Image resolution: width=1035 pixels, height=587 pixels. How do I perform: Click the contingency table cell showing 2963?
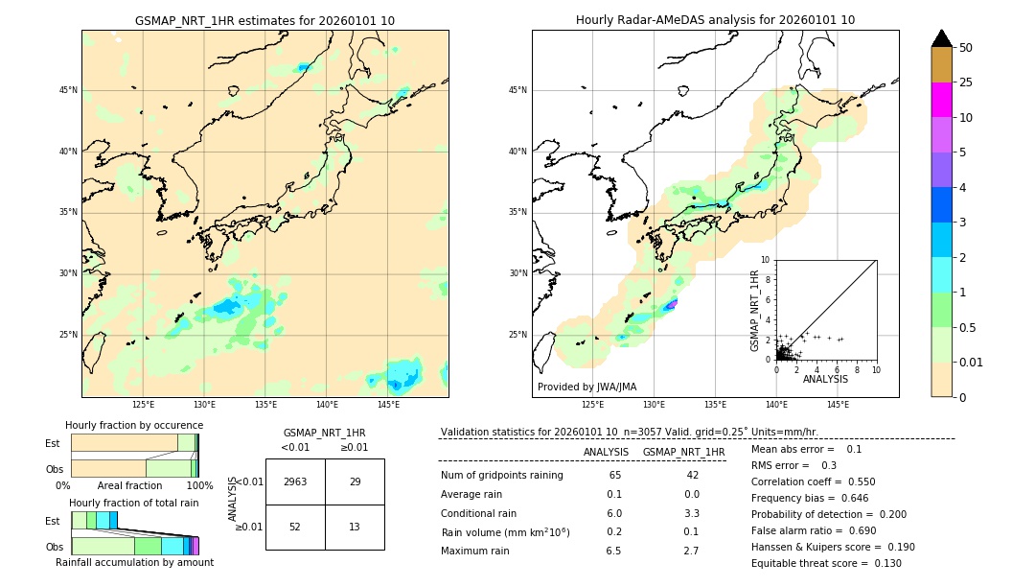[295, 481]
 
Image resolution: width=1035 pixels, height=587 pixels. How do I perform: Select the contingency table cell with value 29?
[355, 481]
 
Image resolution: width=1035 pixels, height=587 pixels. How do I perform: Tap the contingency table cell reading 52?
[295, 527]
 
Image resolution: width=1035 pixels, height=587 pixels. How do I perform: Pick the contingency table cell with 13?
[355, 527]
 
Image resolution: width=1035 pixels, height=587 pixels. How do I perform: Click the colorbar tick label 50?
[966, 47]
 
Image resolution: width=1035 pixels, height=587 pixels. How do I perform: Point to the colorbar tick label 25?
[966, 82]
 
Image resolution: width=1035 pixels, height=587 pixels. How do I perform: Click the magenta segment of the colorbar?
[942, 100]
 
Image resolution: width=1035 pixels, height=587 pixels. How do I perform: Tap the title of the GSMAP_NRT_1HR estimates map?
[264, 20]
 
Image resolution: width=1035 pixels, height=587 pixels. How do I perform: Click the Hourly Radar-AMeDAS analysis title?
[715, 20]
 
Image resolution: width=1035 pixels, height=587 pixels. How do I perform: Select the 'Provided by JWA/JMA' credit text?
[586, 387]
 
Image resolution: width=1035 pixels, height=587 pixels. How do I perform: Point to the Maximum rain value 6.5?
[613, 551]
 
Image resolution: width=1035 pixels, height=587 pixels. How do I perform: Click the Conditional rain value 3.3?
[691, 513]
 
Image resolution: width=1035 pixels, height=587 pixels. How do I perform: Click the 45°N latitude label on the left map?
[68, 90]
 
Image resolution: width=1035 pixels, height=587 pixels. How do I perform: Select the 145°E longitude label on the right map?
[838, 405]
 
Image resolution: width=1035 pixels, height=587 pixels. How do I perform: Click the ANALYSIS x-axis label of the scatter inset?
[825, 379]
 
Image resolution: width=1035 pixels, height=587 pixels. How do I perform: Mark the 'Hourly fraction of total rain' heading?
[133, 503]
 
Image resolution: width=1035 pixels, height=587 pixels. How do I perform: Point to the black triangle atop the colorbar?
[942, 38]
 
